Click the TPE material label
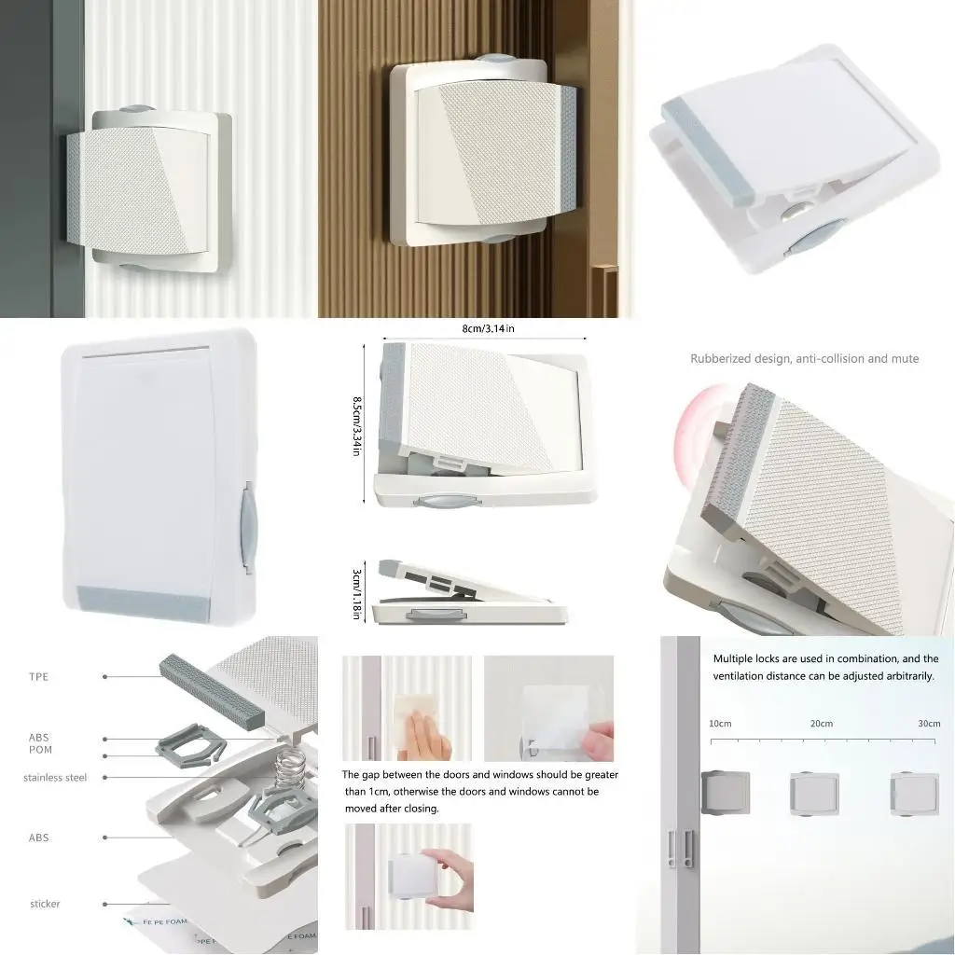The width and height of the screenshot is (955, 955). click(x=38, y=676)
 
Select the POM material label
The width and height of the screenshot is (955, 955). click(x=40, y=750)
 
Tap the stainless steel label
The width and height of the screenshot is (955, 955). click(x=55, y=777)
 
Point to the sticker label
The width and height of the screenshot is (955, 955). click(x=45, y=904)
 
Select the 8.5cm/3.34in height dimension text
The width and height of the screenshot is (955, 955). click(x=357, y=425)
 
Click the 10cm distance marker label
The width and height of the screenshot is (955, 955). click(x=720, y=724)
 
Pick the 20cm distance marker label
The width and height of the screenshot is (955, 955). click(x=821, y=724)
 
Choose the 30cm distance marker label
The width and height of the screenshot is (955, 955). click(x=929, y=724)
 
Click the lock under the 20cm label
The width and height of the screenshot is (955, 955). click(x=814, y=795)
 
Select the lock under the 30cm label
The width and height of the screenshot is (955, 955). click(x=914, y=794)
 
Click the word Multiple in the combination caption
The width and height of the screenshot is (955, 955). click(x=734, y=658)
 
